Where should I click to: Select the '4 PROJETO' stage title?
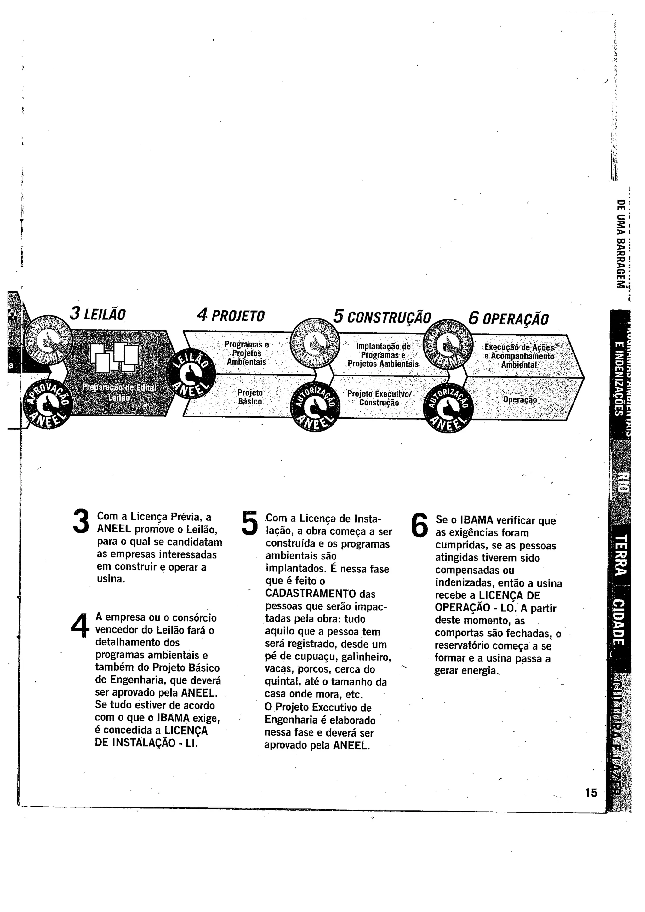tap(231, 316)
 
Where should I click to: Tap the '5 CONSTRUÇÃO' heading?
tap(382, 317)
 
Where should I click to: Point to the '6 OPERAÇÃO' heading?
tap(508, 318)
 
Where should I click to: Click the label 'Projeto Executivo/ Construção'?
tap(380, 398)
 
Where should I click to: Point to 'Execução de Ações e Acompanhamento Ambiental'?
tap(519, 356)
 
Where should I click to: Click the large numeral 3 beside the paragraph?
tap(82, 521)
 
